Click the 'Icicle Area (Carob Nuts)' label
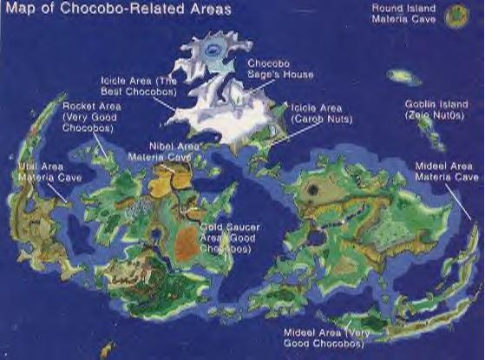click(x=318, y=111)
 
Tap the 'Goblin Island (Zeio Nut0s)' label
click(x=431, y=108)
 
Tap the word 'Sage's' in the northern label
click(x=264, y=75)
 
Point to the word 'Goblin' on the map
click(x=419, y=103)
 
